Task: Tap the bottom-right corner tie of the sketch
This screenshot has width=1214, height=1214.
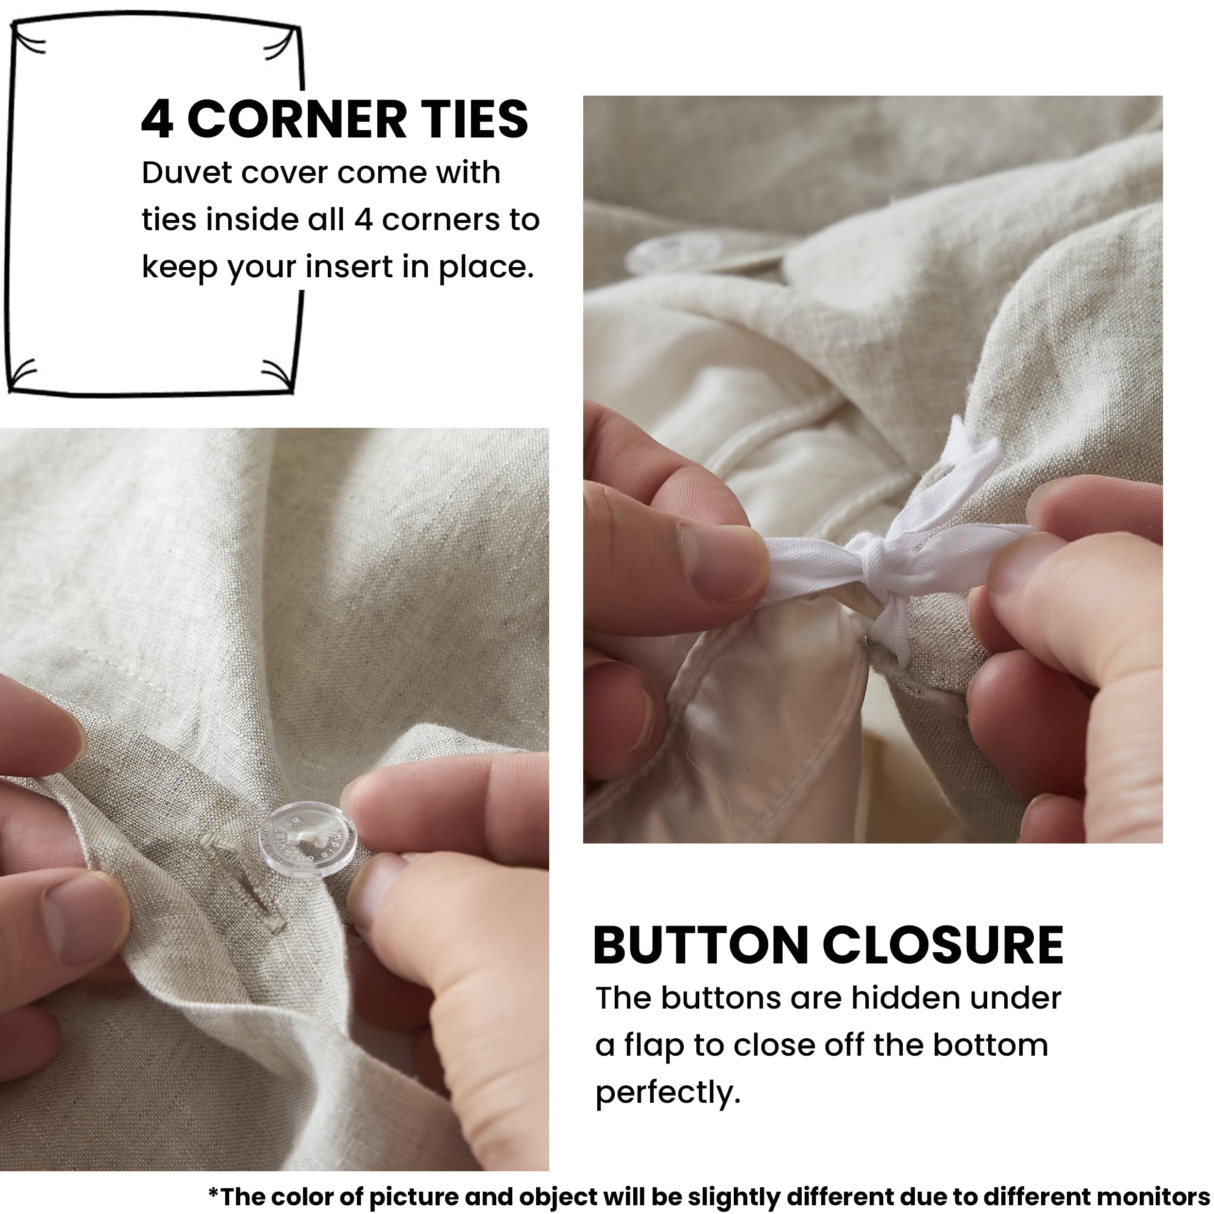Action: pos(277,375)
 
